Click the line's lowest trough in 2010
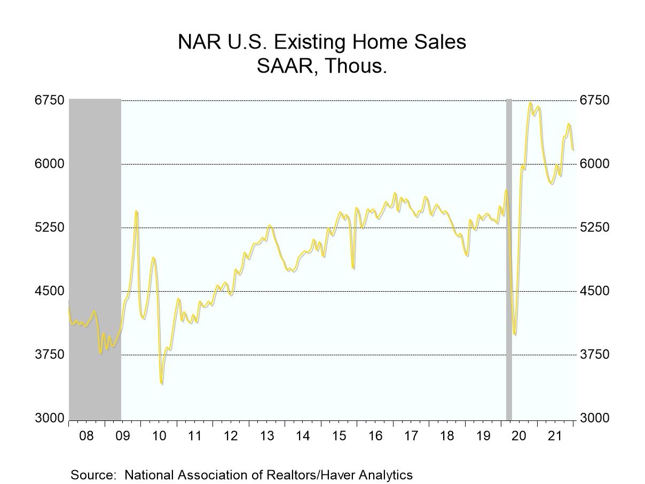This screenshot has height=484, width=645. [x=161, y=383]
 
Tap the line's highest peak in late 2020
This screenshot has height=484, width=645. [x=530, y=103]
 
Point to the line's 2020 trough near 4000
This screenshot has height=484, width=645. [x=515, y=334]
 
